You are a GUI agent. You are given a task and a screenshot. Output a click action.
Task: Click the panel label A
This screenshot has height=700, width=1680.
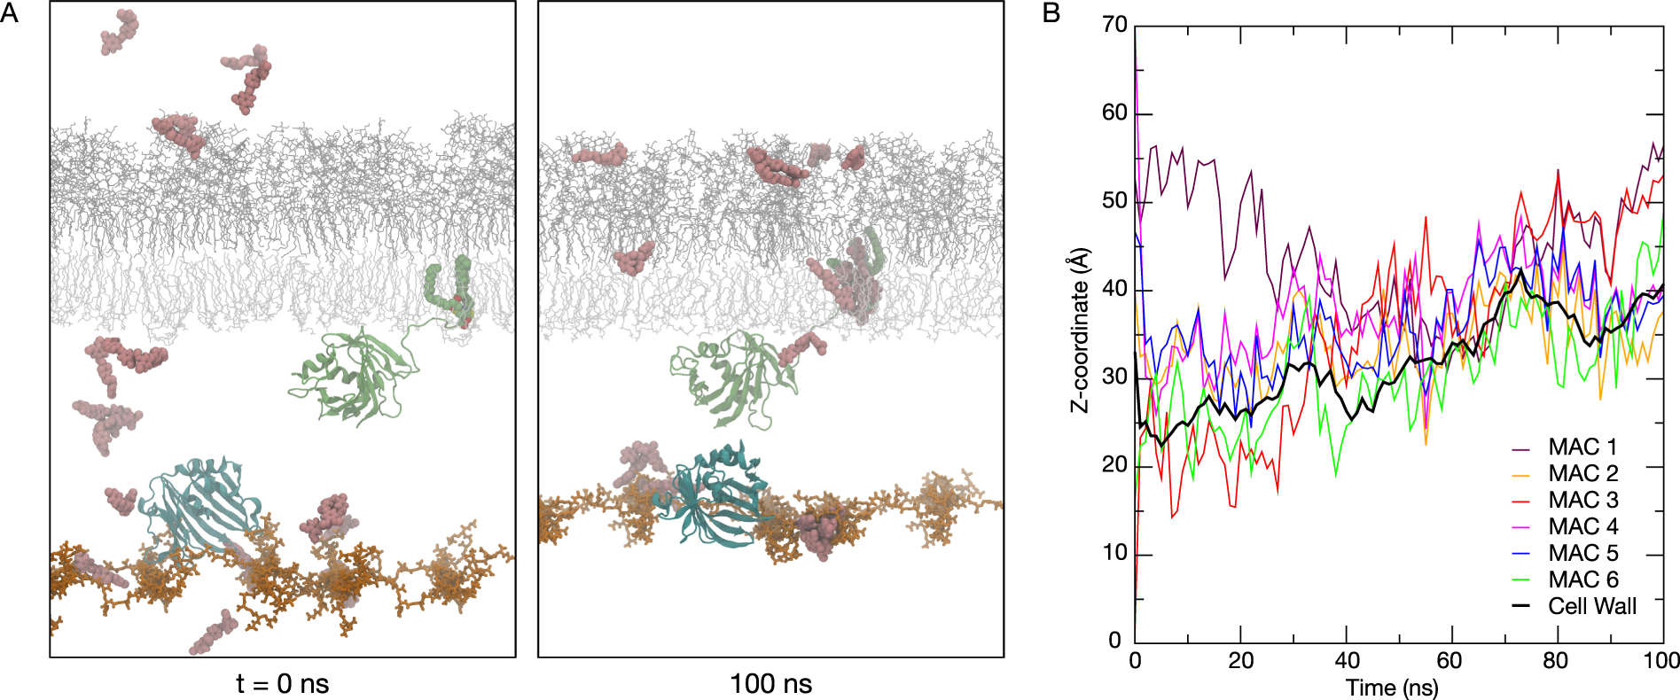click(10, 14)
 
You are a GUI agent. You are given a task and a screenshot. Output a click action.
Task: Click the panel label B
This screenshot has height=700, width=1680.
click(1051, 14)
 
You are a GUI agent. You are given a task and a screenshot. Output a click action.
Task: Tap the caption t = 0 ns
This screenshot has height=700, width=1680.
click(282, 684)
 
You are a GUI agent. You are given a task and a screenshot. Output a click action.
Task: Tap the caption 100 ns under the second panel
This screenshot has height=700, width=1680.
click(770, 684)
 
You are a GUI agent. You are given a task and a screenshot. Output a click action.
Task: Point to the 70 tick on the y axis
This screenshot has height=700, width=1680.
click(1114, 25)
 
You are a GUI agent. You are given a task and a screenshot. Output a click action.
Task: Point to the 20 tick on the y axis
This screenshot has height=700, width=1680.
click(1114, 464)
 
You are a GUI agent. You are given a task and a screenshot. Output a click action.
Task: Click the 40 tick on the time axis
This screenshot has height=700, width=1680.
click(1347, 660)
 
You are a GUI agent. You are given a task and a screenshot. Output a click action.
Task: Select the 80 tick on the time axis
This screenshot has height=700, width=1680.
click(1556, 660)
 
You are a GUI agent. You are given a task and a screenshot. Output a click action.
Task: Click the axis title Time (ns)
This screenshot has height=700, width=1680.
click(1392, 687)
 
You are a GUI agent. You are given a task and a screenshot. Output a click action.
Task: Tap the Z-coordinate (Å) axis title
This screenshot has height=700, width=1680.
click(1080, 330)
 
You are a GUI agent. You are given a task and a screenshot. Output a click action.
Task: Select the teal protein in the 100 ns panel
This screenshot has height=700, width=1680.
click(714, 492)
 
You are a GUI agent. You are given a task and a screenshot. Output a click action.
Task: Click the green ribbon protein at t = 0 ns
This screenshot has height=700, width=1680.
click(355, 377)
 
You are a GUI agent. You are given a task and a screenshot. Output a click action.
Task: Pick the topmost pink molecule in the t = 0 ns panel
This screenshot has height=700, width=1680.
click(119, 32)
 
